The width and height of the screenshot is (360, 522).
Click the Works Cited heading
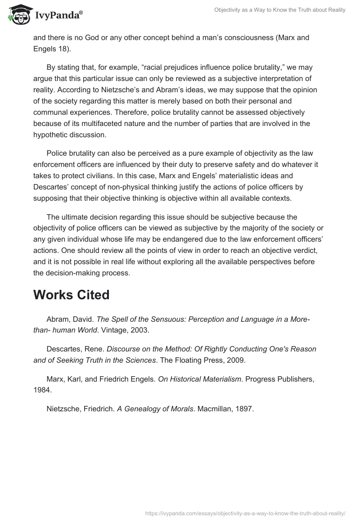tap(72, 295)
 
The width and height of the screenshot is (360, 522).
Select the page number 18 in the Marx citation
tap(61, 49)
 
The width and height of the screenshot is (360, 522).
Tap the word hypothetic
tap(50, 134)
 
